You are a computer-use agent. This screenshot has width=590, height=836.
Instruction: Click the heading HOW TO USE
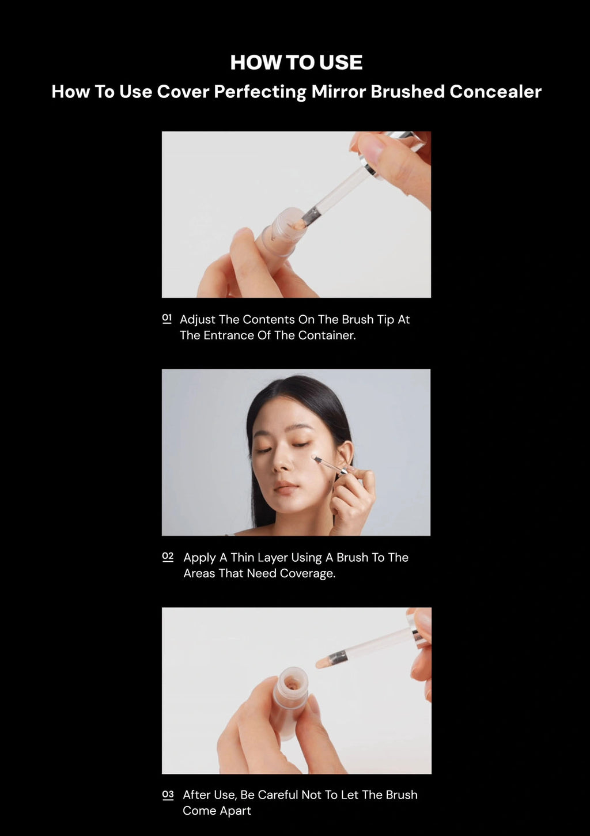(296, 62)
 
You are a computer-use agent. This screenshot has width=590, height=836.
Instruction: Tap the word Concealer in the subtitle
(495, 92)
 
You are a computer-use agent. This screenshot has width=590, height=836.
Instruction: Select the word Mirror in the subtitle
(338, 92)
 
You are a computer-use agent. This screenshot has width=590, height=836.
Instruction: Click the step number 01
(167, 319)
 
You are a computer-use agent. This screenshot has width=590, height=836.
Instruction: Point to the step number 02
(168, 557)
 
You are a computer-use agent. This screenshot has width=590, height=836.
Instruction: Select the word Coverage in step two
(308, 574)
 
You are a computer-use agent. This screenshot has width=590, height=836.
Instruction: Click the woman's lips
(286, 486)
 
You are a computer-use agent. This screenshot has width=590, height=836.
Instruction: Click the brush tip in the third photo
(323, 662)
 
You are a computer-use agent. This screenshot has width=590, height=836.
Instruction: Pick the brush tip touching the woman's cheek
(315, 457)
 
